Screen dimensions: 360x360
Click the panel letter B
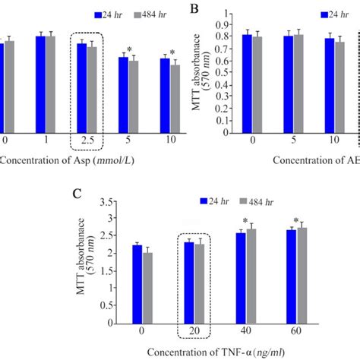(194, 11)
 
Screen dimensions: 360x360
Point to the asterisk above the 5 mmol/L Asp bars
(134, 49)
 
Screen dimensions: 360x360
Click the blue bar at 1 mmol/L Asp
(39, 84)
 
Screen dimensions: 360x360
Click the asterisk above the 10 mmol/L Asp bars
(172, 53)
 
